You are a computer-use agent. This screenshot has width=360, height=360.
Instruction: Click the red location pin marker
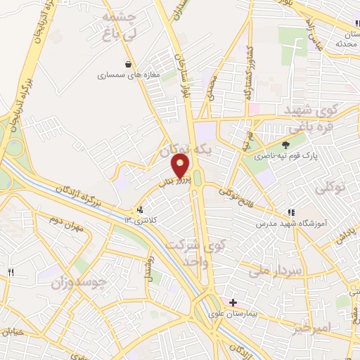click(x=181, y=166)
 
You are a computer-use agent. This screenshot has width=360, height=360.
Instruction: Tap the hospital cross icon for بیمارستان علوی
click(x=233, y=302)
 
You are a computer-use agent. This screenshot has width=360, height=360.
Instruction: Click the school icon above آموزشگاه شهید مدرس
click(x=290, y=212)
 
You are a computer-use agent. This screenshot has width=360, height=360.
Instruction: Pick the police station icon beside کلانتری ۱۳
click(x=140, y=209)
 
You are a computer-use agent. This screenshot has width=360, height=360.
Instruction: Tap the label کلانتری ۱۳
click(x=141, y=220)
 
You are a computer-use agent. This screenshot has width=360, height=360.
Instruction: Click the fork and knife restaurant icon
click(x=11, y=272)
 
